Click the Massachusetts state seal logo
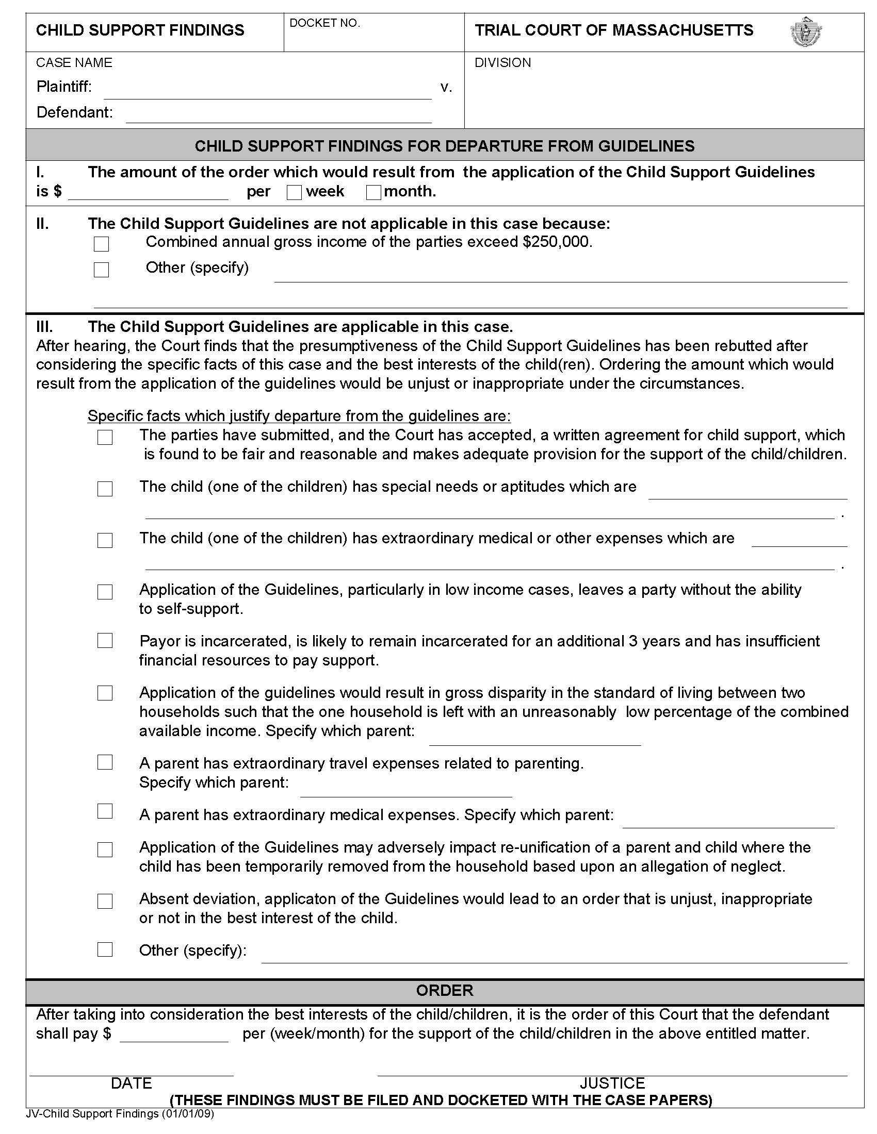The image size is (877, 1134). point(806,31)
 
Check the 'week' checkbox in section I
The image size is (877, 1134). point(294,193)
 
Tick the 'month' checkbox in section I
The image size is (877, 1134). point(373,193)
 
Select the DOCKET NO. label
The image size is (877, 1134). point(324,23)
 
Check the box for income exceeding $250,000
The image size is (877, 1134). point(101,243)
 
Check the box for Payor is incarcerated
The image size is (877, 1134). point(105,640)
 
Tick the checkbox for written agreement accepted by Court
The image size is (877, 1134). point(105,437)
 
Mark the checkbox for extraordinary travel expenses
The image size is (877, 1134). point(105,762)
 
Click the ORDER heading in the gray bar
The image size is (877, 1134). point(445,990)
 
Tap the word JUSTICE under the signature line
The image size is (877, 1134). point(612,1083)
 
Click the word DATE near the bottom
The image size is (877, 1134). point(132,1083)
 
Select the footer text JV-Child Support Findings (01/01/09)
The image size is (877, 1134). point(120,1114)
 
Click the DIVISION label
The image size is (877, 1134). point(502,63)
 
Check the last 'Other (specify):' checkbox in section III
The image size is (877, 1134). point(105,949)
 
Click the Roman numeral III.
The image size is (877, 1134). point(44,327)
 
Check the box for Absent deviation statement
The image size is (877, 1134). point(105,901)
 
